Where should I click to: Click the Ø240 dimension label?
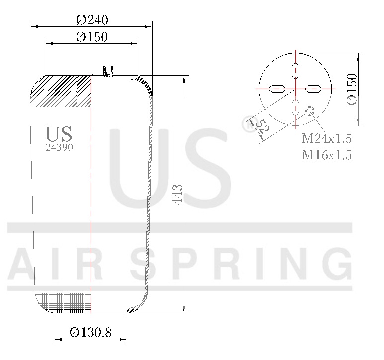(x=92, y=19)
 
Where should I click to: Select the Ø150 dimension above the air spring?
(x=92, y=37)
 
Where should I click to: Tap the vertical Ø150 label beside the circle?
(x=352, y=89)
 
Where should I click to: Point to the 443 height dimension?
(x=178, y=194)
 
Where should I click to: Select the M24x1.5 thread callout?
(x=327, y=138)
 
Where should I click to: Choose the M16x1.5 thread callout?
(x=327, y=155)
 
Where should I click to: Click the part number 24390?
(x=59, y=147)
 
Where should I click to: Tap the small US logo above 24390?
(x=59, y=134)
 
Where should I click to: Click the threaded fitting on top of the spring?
(x=107, y=71)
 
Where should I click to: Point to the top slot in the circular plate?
(x=295, y=71)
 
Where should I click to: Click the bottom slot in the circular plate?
(x=295, y=107)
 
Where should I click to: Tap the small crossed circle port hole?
(x=311, y=111)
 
